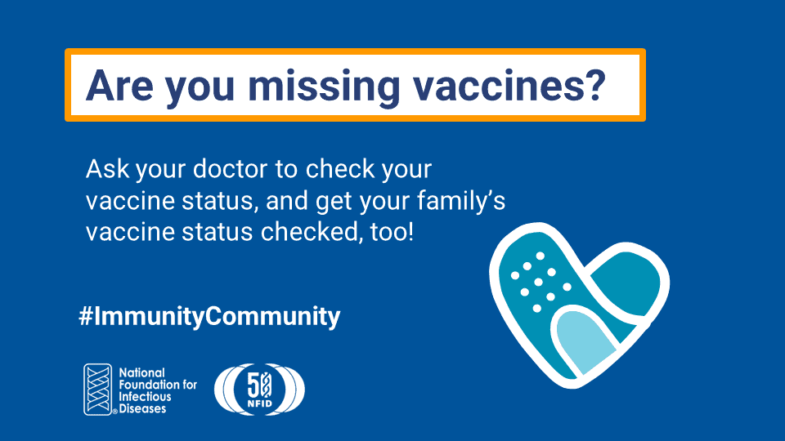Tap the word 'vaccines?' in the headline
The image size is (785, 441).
(510, 85)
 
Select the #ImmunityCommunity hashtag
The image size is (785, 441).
(209, 316)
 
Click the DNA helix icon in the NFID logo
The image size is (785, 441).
(98, 389)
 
